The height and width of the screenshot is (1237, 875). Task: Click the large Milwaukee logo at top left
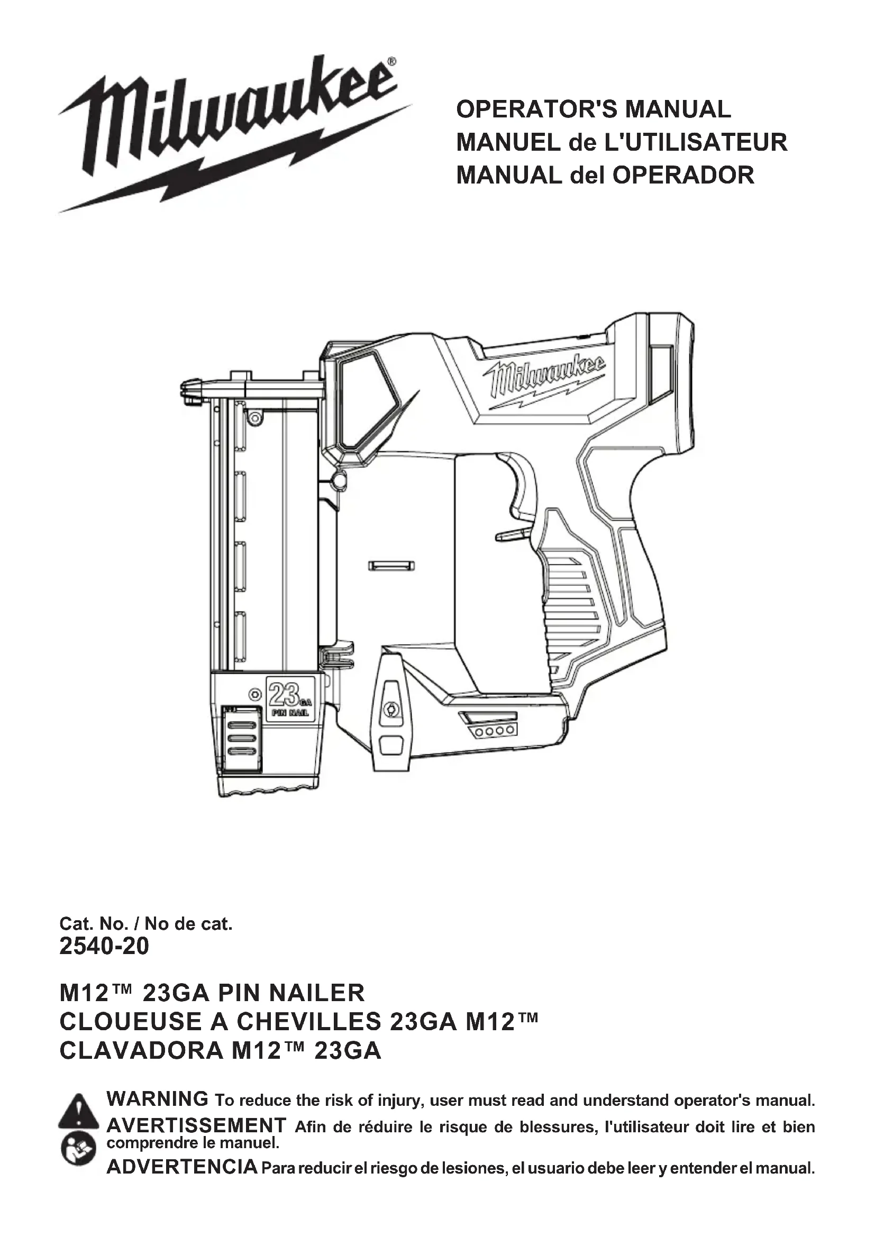pos(232,132)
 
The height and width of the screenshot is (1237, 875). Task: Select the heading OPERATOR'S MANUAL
pos(593,109)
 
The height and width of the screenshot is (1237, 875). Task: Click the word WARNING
pos(157,1098)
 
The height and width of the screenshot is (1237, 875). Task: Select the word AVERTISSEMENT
pos(196,1125)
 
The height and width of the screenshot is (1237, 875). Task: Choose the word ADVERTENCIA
pos(182,1167)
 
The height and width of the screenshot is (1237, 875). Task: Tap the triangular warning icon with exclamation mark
pos(79,1111)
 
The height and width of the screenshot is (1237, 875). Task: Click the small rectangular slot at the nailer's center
pos(391,566)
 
